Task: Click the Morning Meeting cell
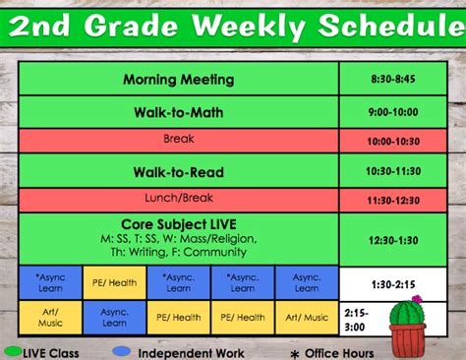coord(178,80)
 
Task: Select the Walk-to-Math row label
coord(178,112)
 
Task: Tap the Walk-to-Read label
coord(178,172)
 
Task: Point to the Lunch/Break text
coord(178,198)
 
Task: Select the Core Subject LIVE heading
coord(178,224)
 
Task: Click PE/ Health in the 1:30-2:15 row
coord(114,283)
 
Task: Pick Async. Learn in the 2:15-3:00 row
coord(114,317)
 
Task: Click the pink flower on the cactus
coord(416,298)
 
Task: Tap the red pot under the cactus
coord(411,337)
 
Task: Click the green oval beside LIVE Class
coord(14,351)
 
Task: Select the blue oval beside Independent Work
coord(122,351)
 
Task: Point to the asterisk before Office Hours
coord(293,352)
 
